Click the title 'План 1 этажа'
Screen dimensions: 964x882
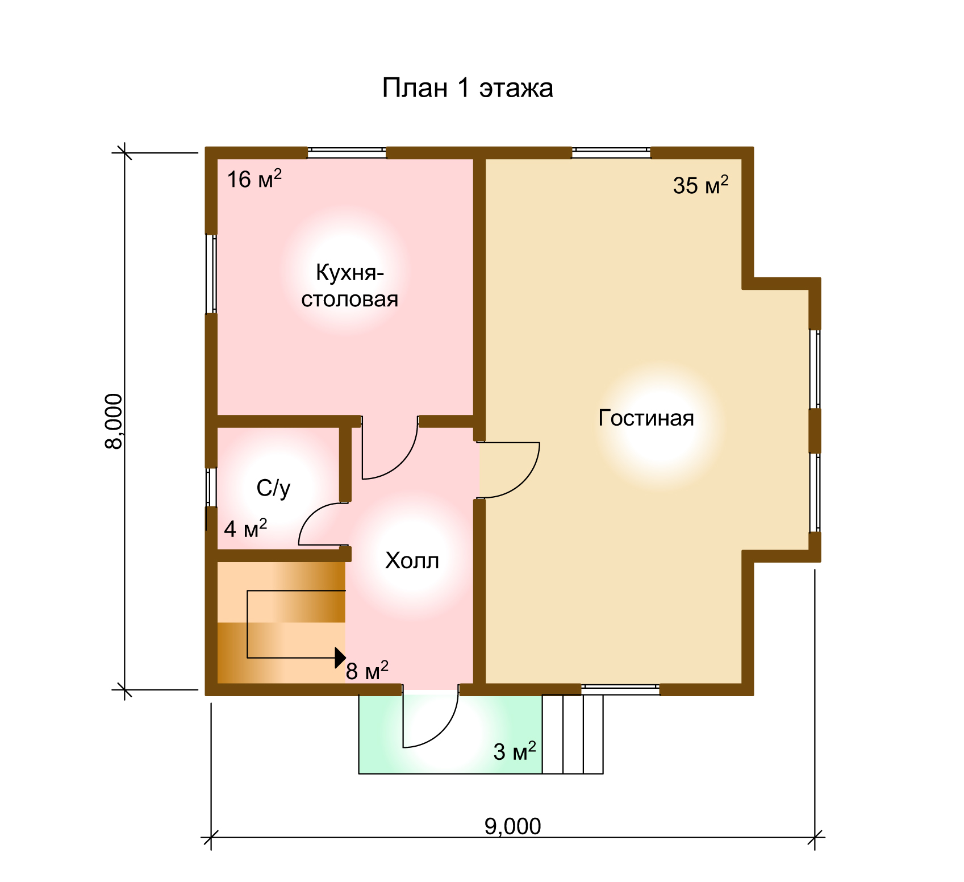(x=468, y=88)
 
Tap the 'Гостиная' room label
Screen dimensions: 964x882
(x=646, y=418)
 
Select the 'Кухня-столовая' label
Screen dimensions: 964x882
(x=350, y=286)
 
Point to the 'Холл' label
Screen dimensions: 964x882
(x=412, y=561)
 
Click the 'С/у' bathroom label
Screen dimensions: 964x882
(x=273, y=488)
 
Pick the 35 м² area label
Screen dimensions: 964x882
(x=700, y=185)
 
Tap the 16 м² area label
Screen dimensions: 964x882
(x=254, y=179)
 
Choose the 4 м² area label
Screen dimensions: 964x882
(x=245, y=529)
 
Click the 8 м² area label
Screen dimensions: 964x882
(x=367, y=671)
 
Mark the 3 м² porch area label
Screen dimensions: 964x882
(x=515, y=751)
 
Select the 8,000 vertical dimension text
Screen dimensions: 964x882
(x=114, y=421)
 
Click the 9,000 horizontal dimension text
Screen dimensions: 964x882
(x=513, y=826)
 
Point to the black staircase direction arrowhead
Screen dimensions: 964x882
(x=340, y=658)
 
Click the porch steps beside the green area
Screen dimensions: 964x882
(x=573, y=734)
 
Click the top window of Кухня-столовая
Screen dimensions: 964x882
(x=347, y=153)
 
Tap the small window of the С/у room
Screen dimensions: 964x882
(x=211, y=487)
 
